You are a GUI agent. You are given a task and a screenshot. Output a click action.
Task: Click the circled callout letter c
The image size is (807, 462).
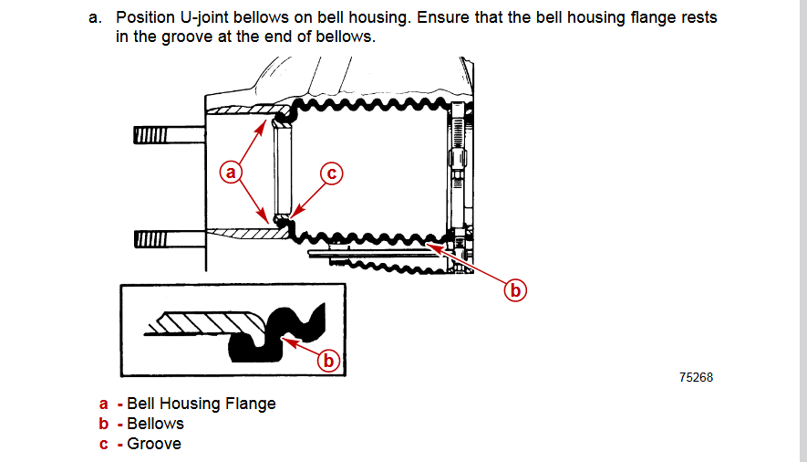point(331,172)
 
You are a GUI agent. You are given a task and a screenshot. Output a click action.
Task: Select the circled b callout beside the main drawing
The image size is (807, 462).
point(516,290)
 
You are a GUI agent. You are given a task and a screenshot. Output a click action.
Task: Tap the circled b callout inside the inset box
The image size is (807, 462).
point(329,361)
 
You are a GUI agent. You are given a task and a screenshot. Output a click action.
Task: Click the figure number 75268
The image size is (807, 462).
point(696,377)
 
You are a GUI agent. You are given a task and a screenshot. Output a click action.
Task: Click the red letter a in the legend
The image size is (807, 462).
point(104,404)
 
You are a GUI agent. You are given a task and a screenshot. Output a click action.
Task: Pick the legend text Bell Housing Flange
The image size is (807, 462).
point(201,404)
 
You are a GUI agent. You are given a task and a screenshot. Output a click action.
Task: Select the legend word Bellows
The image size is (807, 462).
point(155,424)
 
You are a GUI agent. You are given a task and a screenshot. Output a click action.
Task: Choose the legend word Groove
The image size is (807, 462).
point(154,444)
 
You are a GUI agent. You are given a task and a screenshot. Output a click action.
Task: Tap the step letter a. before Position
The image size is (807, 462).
point(95,18)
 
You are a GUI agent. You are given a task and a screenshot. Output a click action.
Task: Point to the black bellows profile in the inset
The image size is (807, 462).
point(274,338)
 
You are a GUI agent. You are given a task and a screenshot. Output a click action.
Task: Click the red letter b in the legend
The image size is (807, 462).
point(104,424)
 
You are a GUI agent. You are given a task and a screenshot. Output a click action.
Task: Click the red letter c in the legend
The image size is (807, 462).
point(104,444)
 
